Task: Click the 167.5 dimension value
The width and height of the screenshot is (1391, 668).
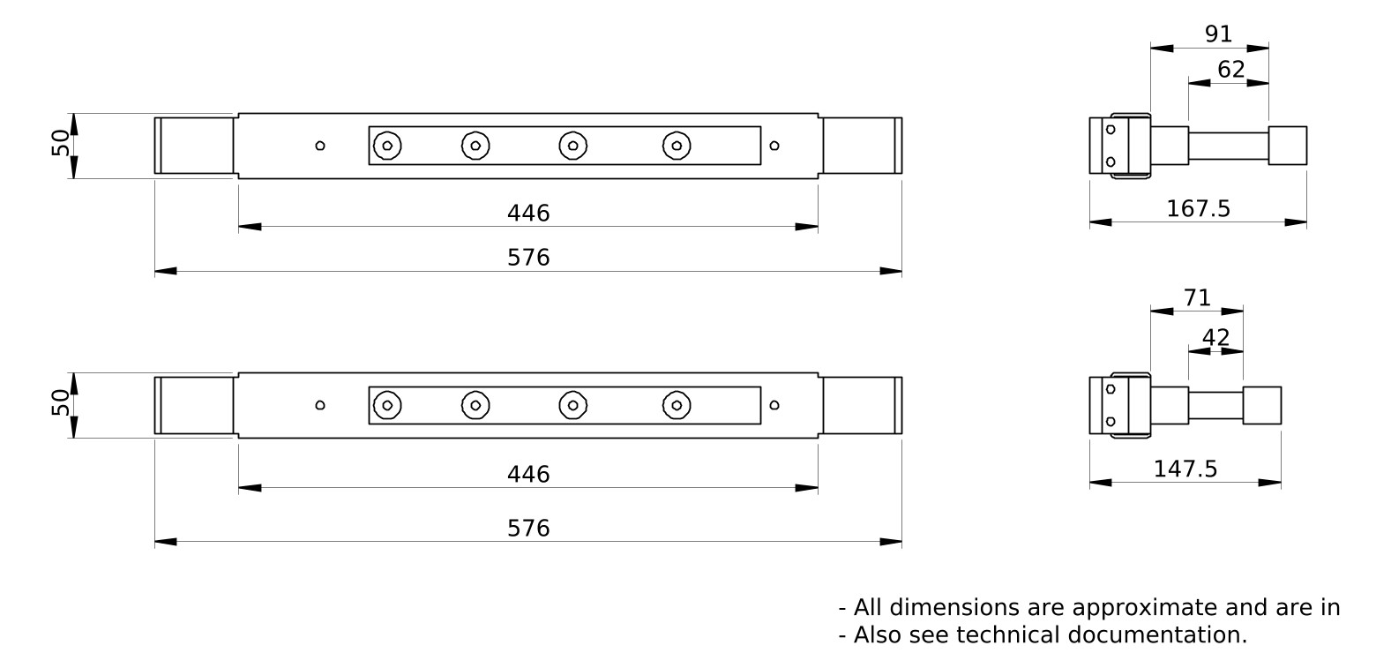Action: (1198, 209)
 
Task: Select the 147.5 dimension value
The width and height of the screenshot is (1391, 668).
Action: (1185, 469)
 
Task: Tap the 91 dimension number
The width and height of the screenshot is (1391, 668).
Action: (1218, 34)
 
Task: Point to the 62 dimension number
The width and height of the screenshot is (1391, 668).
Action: (1230, 69)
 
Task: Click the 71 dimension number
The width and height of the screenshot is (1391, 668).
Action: (1197, 298)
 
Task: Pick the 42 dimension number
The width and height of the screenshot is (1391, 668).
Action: (1215, 337)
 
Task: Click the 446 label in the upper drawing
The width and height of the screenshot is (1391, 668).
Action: (528, 214)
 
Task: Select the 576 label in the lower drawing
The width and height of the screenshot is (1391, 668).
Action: (528, 529)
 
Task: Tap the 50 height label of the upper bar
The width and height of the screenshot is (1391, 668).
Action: (60, 143)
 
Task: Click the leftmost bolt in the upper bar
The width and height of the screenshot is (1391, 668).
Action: (387, 146)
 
